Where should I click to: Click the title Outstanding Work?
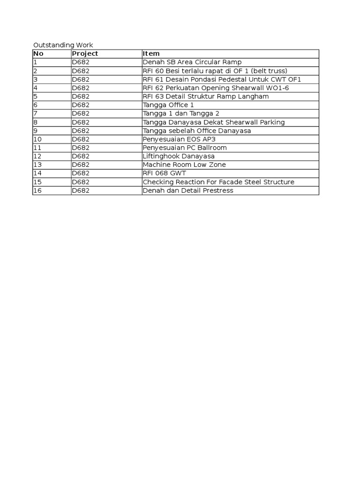coord(63,45)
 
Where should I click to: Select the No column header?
coord(38,53)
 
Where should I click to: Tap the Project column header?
coord(85,53)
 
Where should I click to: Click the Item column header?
coord(151,53)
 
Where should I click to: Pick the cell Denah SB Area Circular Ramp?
coord(192,62)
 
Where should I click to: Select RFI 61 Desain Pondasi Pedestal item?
coord(222,79)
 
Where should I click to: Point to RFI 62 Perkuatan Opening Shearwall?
coord(216,88)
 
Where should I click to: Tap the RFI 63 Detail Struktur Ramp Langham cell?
coord(206,96)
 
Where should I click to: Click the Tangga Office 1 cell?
coord(168,105)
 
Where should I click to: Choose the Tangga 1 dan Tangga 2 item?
coord(181,113)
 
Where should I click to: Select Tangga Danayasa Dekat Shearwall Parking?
coord(214,122)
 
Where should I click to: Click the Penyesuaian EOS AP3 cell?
coord(179,139)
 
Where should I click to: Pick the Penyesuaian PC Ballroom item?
coord(185,148)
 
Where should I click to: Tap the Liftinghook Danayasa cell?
coord(179,156)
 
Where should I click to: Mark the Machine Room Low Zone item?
coord(184,165)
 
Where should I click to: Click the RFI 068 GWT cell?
coord(165,173)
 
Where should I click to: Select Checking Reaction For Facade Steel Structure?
coord(218,182)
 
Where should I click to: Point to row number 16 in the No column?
coord(37,190)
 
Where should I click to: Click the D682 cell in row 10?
coord(81,139)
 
